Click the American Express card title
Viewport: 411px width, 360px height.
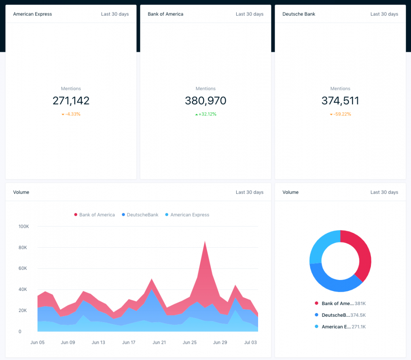(32, 14)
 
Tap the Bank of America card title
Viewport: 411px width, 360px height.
(165, 14)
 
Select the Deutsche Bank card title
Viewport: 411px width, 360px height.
(299, 14)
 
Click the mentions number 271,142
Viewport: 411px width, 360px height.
(71, 101)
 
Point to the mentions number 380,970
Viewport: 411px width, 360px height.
(205, 101)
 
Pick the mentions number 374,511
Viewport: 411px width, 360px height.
(340, 101)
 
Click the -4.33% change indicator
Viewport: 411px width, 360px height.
(71, 114)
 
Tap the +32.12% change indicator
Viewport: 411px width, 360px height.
(206, 114)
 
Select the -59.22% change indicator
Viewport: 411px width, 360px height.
(341, 114)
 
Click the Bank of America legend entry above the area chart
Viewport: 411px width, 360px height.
(95, 215)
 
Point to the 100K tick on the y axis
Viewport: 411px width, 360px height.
(24, 227)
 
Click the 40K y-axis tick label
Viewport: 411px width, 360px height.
(23, 290)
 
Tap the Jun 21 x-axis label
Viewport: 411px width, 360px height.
(159, 343)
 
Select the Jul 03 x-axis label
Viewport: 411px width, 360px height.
(251, 343)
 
